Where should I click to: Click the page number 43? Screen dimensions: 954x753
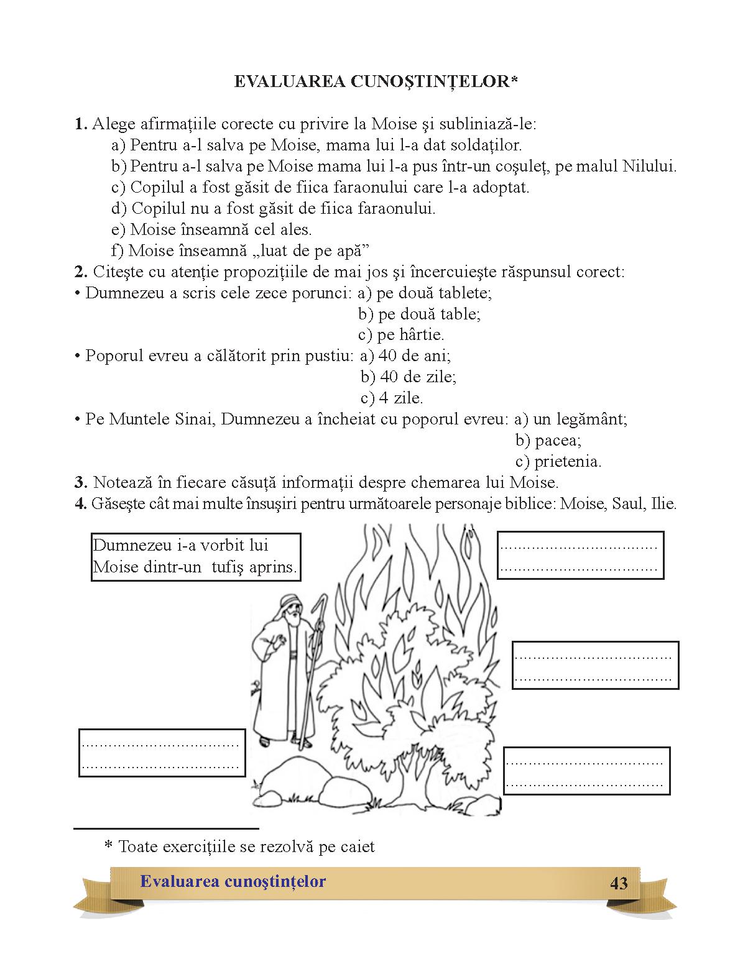point(619,883)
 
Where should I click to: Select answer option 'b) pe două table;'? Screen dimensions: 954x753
point(419,314)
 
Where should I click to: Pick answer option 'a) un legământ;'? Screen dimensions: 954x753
point(571,420)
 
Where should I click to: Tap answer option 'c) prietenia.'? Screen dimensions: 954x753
point(558,462)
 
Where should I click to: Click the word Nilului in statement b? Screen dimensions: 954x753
point(649,166)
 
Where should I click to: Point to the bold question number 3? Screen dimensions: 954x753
point(80,483)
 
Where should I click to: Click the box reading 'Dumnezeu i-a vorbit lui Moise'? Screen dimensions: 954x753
point(195,556)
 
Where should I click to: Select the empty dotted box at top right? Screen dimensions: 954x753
point(580,555)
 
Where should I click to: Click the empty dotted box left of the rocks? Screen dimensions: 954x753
point(162,753)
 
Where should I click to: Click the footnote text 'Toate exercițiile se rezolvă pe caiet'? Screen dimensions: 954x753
point(246,846)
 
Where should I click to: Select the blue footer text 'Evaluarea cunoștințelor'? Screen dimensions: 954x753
point(233,881)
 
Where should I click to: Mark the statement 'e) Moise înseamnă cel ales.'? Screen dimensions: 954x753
point(211,229)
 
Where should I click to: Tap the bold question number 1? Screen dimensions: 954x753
point(80,124)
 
